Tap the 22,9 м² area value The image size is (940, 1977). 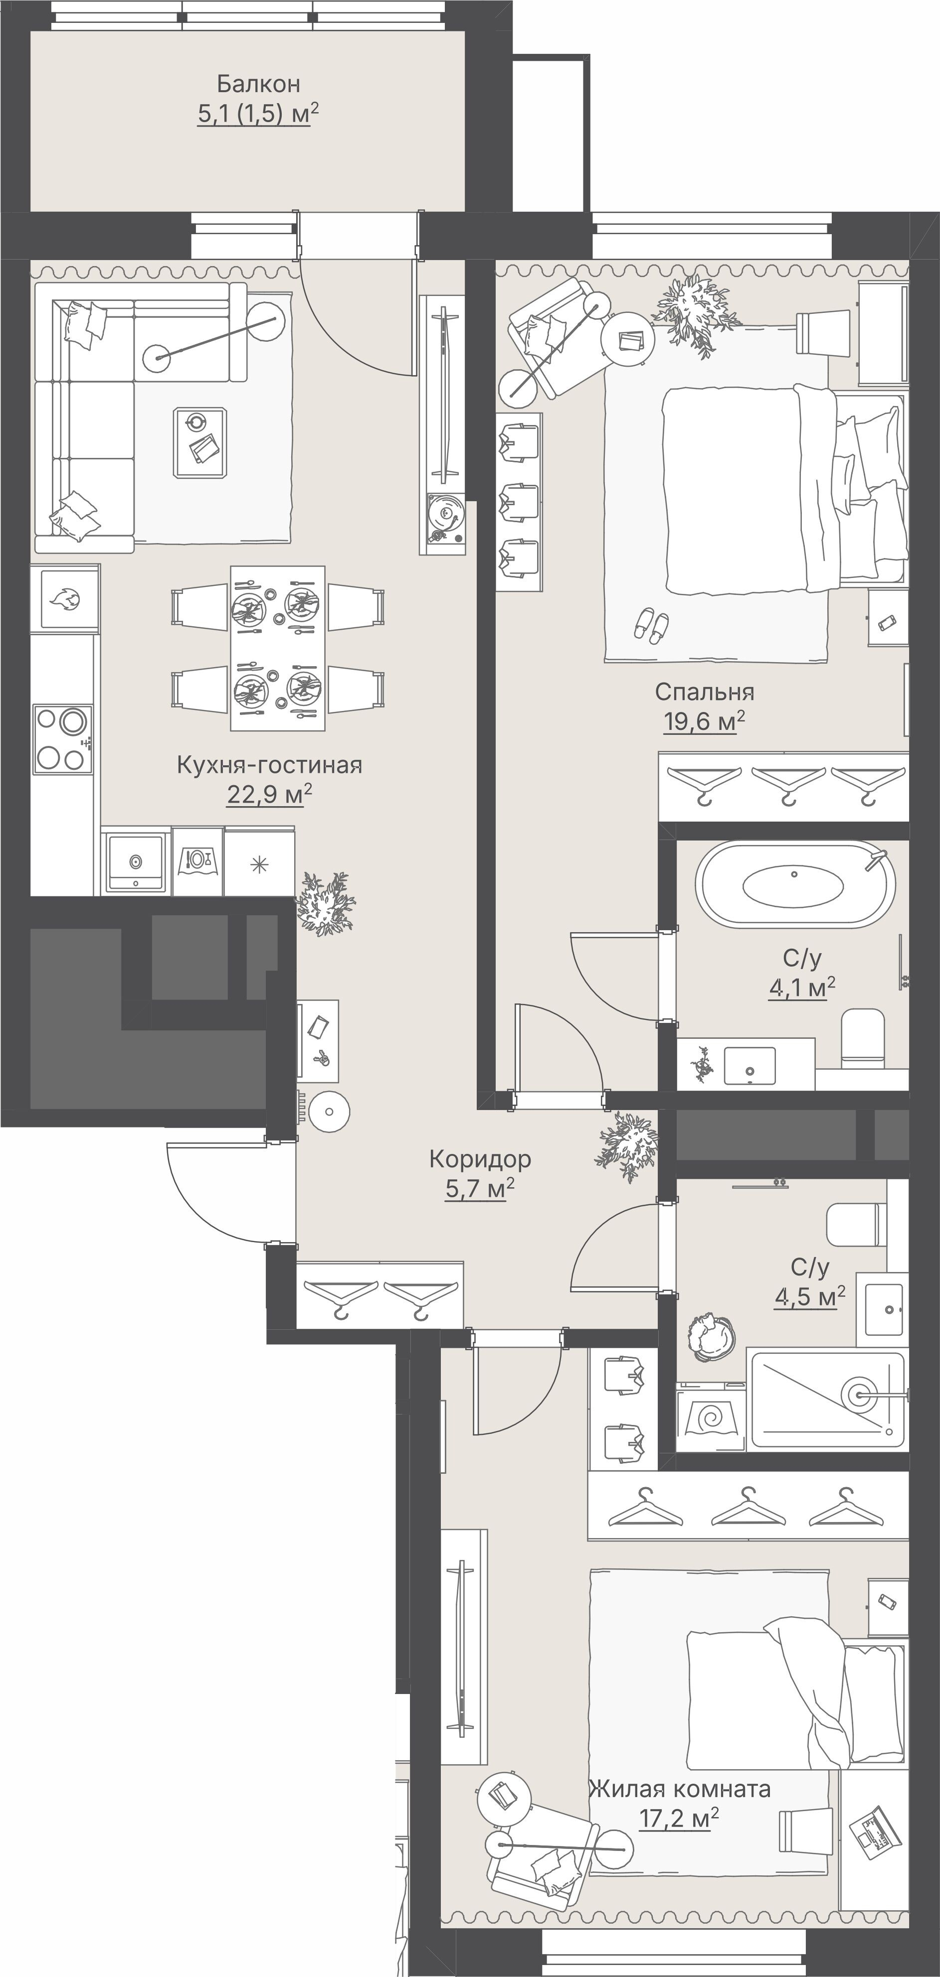coord(269,794)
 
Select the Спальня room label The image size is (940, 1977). coord(704,692)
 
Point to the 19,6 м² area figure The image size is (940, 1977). coord(704,721)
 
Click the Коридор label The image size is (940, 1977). coord(480,1159)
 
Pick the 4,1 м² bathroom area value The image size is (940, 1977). coord(802,987)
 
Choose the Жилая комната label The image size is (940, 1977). coord(680,1790)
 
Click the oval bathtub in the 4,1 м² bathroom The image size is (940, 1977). coord(795,884)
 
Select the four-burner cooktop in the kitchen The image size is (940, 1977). coord(62,739)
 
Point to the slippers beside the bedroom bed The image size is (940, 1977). coord(651,625)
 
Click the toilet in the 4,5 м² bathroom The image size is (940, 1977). coord(852,1225)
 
